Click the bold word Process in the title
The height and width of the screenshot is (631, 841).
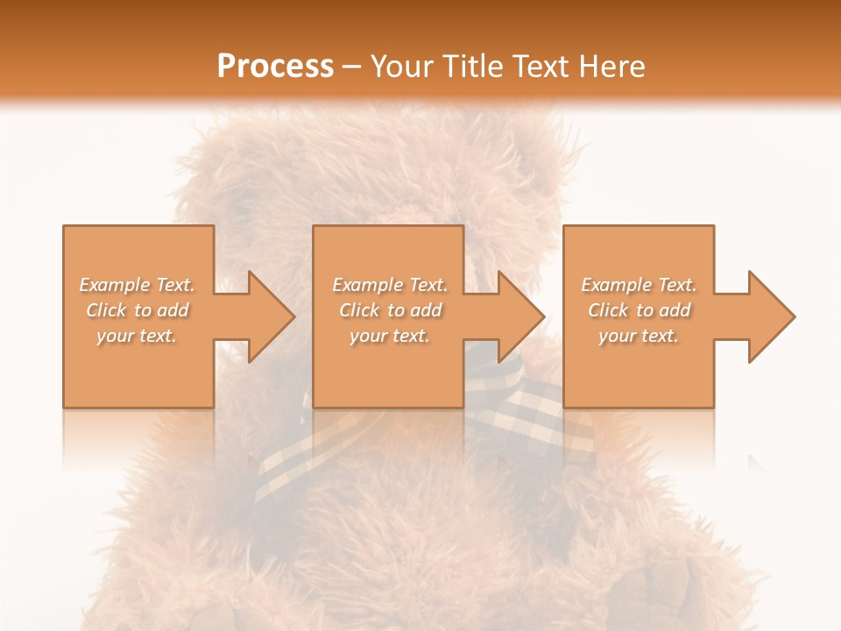click(275, 67)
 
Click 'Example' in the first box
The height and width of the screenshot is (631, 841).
click(115, 285)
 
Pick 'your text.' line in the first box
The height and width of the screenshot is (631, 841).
click(137, 336)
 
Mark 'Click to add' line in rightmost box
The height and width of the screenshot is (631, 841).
click(640, 310)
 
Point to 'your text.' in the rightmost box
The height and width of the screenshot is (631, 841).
click(640, 336)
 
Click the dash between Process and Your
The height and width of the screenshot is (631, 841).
click(352, 67)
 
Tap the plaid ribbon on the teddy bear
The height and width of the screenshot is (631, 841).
click(526, 412)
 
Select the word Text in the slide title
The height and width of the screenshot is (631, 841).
click(536, 67)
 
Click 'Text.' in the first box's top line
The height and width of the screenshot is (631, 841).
click(176, 285)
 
